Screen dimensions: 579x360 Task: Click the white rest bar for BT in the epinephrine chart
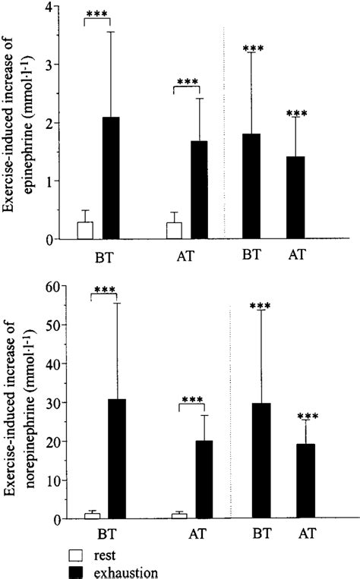(86, 231)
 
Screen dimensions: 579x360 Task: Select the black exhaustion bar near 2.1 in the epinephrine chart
(111, 178)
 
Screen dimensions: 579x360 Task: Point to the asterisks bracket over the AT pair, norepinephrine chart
(193, 401)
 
